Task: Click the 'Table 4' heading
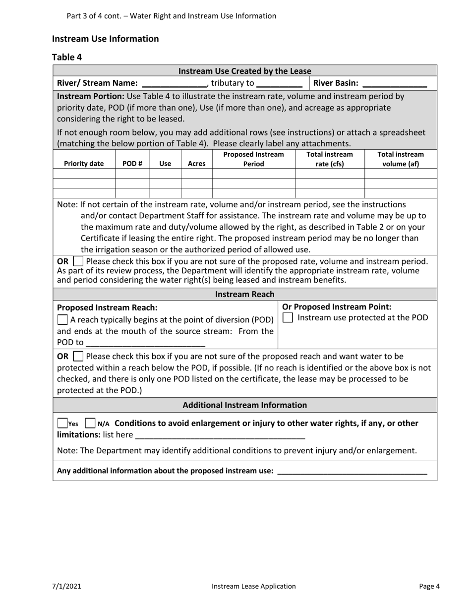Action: click(x=67, y=57)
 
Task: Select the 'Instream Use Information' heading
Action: click(x=105, y=39)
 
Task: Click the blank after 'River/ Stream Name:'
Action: click(x=174, y=83)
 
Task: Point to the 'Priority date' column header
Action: click(x=84, y=164)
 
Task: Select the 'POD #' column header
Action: click(x=132, y=164)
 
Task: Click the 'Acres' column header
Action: click(x=197, y=164)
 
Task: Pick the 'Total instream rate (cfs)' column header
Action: click(x=330, y=159)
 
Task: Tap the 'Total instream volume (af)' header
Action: click(x=401, y=159)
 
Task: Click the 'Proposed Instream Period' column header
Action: click(x=253, y=159)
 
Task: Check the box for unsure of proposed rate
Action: click(x=78, y=261)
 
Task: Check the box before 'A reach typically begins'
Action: click(x=63, y=320)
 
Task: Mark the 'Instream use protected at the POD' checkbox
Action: click(x=288, y=317)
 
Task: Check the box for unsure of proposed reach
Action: click(x=78, y=356)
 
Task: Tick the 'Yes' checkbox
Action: click(x=62, y=424)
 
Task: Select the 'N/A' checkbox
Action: click(x=90, y=424)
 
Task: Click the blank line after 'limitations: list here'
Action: click(x=220, y=435)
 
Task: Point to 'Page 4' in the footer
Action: click(x=429, y=586)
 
